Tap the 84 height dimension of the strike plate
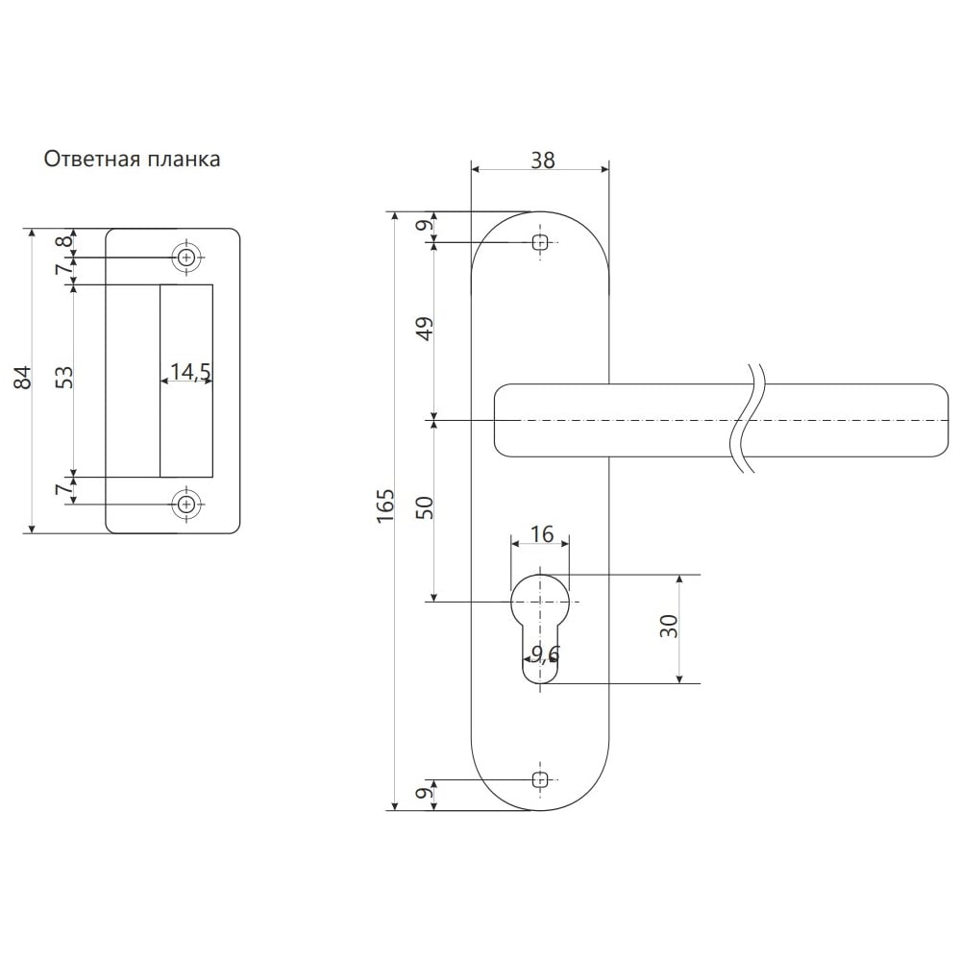[x=23, y=377]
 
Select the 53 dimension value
[x=64, y=377]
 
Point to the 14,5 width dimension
[x=190, y=371]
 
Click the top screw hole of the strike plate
[x=186, y=258]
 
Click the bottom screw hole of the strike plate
[x=186, y=505]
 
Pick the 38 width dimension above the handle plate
[x=542, y=160]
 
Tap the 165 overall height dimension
[x=385, y=505]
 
